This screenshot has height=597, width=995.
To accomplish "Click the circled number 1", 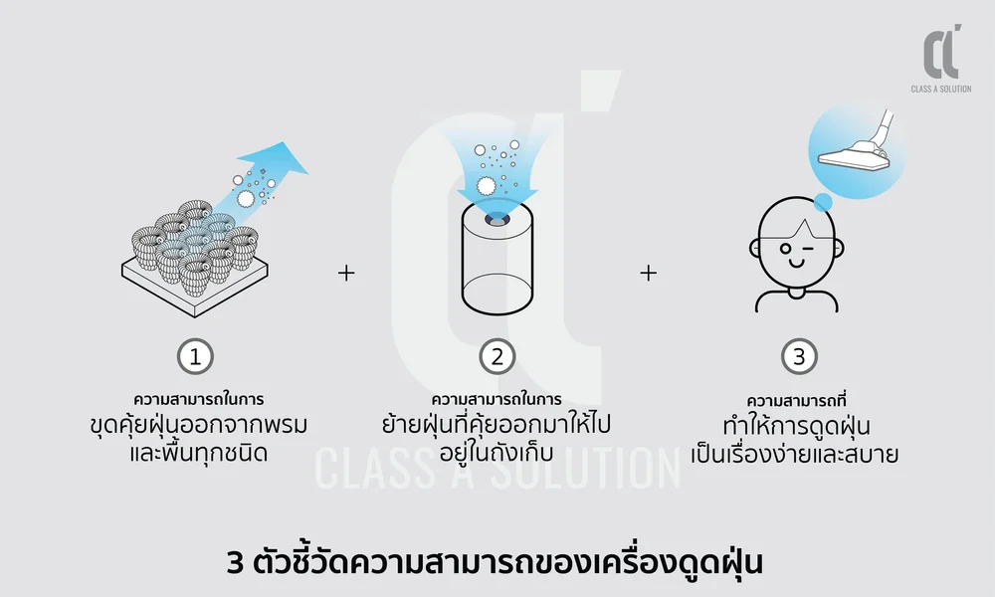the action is tap(196, 356).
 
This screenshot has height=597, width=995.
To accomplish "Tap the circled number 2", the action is tap(497, 356).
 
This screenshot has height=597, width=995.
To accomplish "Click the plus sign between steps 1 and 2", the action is tap(346, 273).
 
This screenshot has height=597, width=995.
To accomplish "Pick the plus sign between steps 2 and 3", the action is tap(648, 273).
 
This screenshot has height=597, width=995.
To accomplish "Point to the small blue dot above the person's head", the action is tap(822, 203).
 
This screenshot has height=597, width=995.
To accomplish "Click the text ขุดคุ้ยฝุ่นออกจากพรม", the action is tap(196, 426).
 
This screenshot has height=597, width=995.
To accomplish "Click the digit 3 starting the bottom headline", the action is tap(235, 563).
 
